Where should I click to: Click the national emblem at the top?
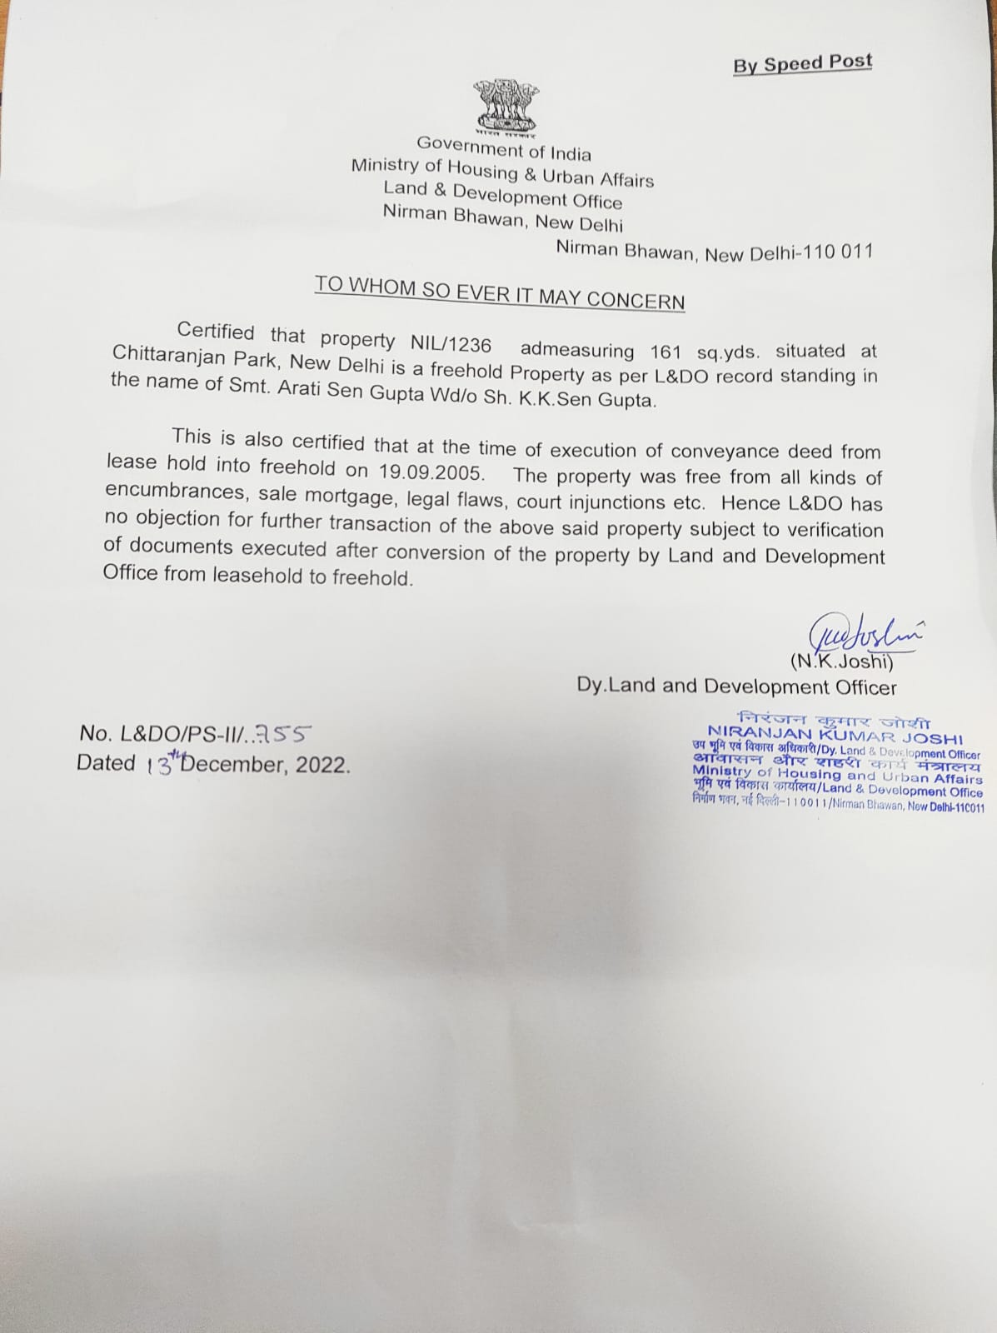pos(506,106)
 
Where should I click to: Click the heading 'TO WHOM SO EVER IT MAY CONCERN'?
pos(500,292)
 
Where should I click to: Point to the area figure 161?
pos(665,352)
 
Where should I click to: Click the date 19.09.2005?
pos(431,472)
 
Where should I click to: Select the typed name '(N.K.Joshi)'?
pos(841,662)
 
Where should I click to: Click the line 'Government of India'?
pos(504,148)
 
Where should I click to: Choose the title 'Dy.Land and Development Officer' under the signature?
pos(736,686)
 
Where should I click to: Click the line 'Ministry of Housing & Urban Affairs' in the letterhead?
pos(502,172)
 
